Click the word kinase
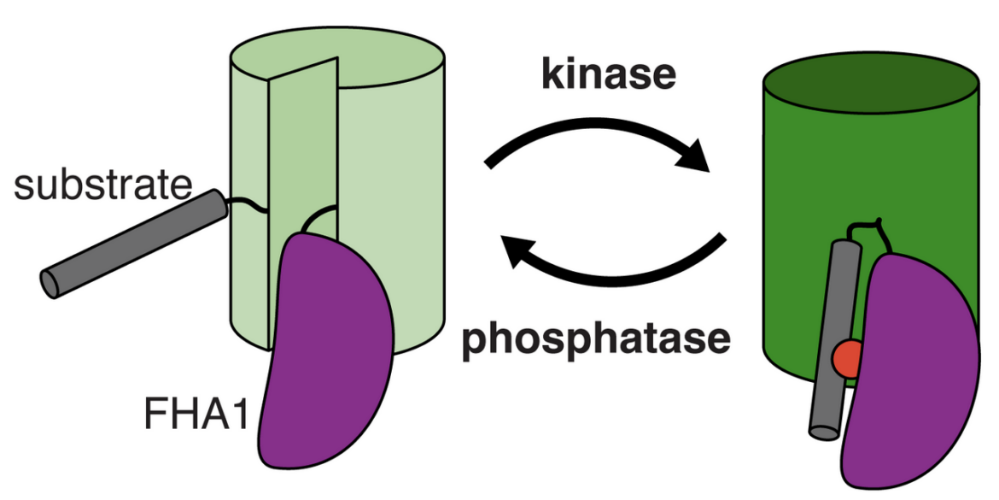[x=608, y=74]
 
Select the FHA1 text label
[x=195, y=414]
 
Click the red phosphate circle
[x=847, y=357]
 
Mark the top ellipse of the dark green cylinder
[x=870, y=83]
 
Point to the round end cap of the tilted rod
[x=50, y=283]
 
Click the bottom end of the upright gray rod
[x=824, y=432]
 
